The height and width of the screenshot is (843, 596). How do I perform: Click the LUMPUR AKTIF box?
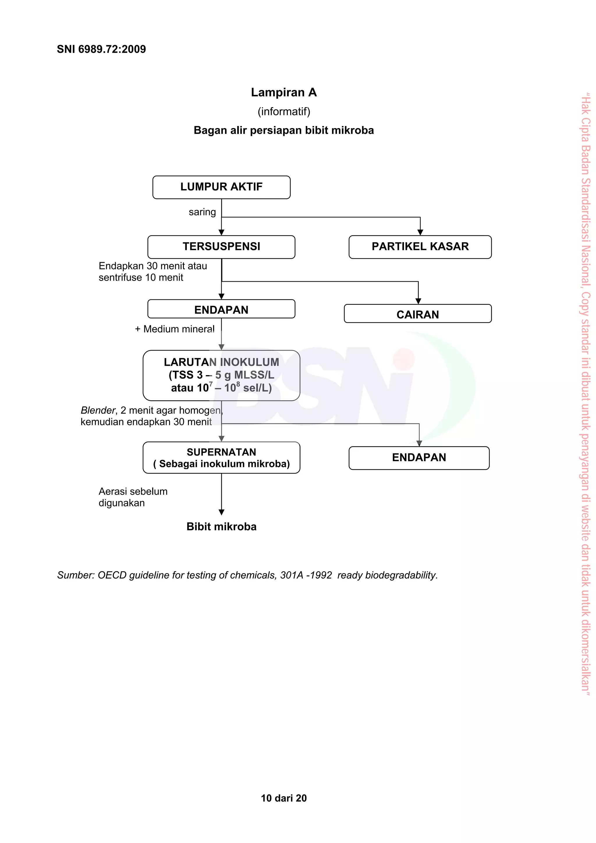tap(221, 187)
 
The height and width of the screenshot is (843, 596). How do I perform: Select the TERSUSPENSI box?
tap(221, 247)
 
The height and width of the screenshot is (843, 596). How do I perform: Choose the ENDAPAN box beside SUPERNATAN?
tap(419, 457)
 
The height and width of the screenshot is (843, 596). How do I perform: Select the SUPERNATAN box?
tap(221, 457)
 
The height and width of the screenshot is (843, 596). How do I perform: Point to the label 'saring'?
tap(202, 212)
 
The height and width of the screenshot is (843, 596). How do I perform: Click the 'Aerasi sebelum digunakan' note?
tap(133, 497)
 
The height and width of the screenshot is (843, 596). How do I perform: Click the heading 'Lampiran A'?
tap(283, 92)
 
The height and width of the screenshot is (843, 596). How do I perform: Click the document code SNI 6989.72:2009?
tap(101, 49)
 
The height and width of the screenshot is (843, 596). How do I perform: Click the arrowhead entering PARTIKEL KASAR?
tap(420, 232)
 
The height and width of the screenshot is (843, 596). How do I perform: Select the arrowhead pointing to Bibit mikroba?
tap(221, 512)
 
